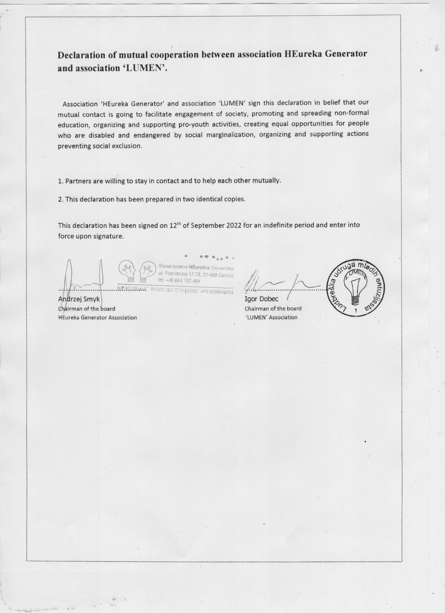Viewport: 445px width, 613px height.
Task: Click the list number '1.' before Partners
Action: pyautogui.click(x=61, y=181)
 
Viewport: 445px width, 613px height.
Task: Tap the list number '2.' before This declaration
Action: pyautogui.click(x=61, y=199)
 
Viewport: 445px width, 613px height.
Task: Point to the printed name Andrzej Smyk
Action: pyautogui.click(x=79, y=299)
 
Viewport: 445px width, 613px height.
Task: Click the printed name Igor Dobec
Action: pyautogui.click(x=261, y=299)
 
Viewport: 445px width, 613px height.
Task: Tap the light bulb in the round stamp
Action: pyautogui.click(x=356, y=291)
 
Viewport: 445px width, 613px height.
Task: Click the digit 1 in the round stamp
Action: pyautogui.click(x=356, y=310)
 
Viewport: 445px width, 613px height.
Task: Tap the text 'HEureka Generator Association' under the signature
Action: pyautogui.click(x=97, y=318)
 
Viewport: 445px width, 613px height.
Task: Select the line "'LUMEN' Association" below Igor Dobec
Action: pyautogui.click(x=271, y=318)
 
